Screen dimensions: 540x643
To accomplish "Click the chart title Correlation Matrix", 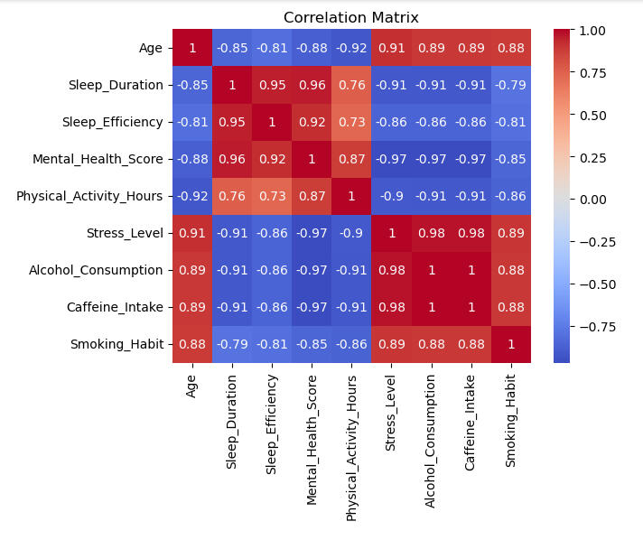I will pos(351,17).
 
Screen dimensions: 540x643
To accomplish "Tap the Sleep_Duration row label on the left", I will pos(116,86).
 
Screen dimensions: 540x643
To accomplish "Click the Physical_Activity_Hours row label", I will pos(89,196).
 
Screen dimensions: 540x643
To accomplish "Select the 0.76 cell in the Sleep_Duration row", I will pos(351,86).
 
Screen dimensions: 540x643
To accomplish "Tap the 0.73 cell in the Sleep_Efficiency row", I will pos(351,123).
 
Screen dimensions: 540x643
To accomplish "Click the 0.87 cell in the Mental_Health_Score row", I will pos(351,159).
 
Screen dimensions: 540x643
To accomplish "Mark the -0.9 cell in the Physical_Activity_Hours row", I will pos(391,196).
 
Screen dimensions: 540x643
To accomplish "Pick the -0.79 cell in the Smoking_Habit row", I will pos(232,344).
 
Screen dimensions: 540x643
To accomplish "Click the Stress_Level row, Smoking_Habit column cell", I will pos(510,233).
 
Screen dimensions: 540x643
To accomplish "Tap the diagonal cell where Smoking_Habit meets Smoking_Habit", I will pos(510,344).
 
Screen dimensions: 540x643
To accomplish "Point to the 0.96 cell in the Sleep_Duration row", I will pos(312,86).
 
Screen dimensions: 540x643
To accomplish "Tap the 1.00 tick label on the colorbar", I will pos(592,31).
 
